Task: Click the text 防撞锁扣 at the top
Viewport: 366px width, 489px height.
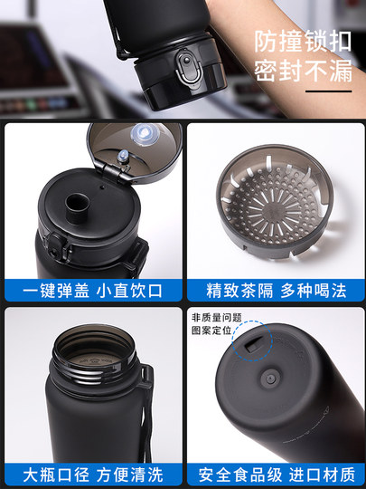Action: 302,42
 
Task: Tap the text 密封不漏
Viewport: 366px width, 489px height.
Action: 302,72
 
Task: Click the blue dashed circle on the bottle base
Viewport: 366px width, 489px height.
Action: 249,343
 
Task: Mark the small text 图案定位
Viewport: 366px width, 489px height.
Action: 211,331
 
